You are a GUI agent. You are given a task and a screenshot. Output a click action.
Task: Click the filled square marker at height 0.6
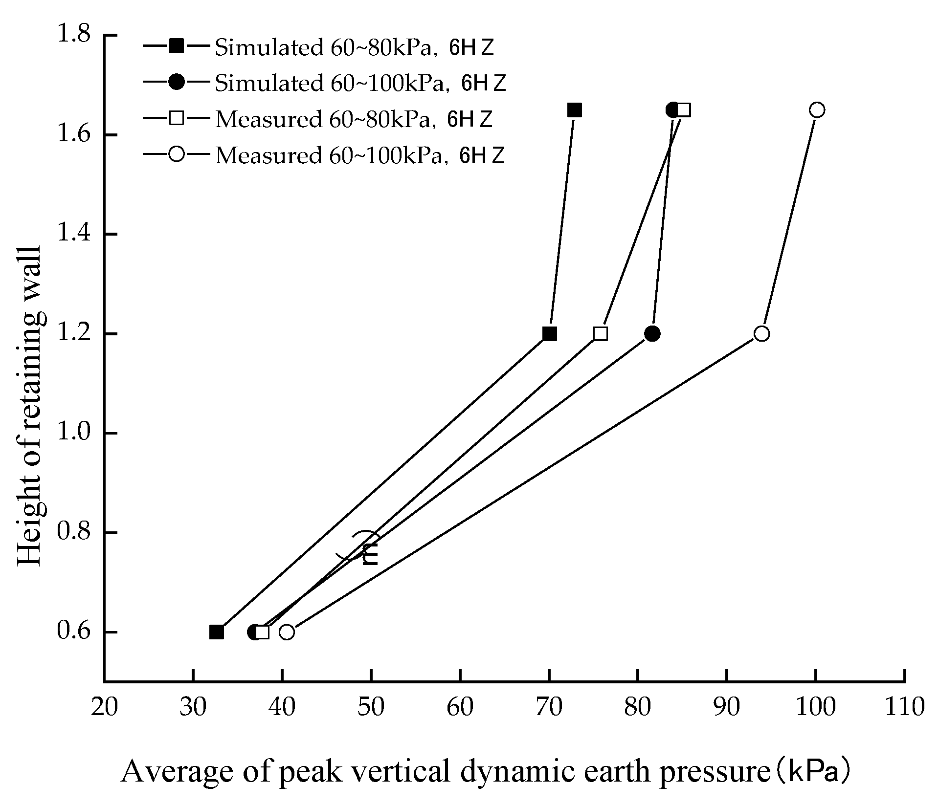(217, 632)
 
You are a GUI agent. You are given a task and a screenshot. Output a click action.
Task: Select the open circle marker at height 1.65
(817, 110)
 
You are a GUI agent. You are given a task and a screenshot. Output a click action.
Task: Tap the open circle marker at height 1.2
(761, 334)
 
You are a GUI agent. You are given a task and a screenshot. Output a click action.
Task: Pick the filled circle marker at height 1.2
(652, 334)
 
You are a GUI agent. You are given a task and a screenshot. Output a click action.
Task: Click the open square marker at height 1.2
(601, 334)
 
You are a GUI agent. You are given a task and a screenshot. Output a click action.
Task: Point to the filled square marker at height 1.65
(575, 110)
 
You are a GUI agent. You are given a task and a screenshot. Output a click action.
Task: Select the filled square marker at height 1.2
(550, 334)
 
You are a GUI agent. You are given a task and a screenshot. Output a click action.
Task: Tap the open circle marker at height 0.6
(287, 632)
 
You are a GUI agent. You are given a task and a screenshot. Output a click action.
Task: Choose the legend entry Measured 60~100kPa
(359, 155)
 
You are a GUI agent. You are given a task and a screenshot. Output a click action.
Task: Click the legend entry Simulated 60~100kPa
(359, 84)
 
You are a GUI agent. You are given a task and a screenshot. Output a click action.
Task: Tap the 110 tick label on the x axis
(904, 707)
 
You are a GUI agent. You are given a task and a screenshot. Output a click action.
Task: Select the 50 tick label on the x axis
(371, 707)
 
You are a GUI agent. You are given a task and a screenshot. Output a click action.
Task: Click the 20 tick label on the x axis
(104, 707)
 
